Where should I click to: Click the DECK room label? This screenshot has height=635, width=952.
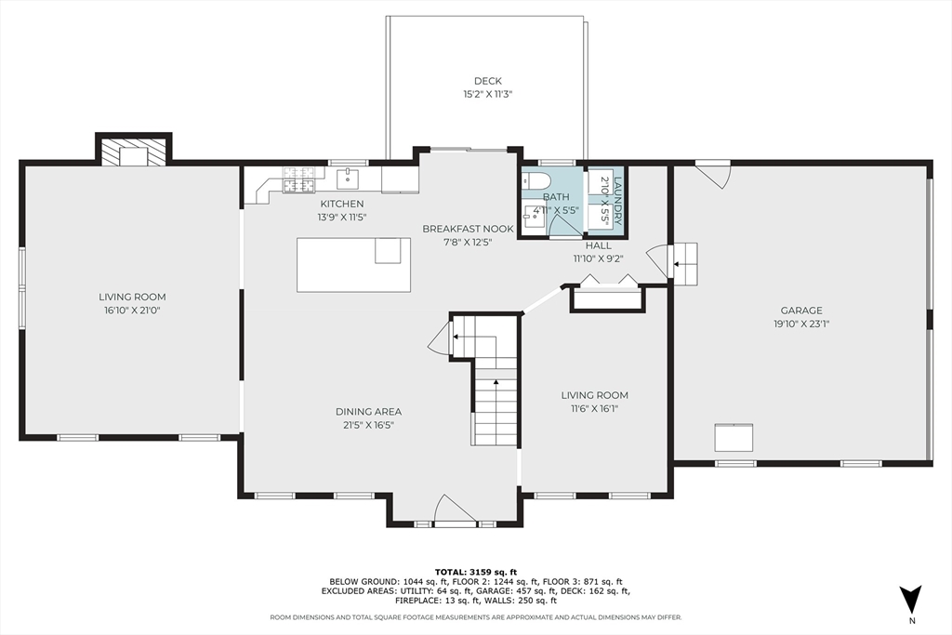(x=488, y=81)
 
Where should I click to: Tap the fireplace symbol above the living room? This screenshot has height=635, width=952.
(x=134, y=153)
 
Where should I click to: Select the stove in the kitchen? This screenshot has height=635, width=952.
(x=298, y=179)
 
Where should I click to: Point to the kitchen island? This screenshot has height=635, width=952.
(x=353, y=264)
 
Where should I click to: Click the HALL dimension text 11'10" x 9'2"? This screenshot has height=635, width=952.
(x=598, y=259)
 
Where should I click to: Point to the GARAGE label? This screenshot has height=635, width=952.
(x=800, y=311)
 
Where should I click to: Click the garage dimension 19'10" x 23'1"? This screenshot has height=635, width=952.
(x=800, y=324)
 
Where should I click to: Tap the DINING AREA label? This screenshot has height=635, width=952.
(x=368, y=411)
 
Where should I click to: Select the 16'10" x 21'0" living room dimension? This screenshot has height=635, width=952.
(x=132, y=311)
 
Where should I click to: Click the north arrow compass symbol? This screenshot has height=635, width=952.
(x=911, y=598)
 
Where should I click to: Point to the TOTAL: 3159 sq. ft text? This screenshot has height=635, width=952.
(x=475, y=571)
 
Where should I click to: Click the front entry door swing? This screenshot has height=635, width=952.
(x=455, y=509)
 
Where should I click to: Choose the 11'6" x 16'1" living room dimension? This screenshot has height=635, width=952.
(x=595, y=408)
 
